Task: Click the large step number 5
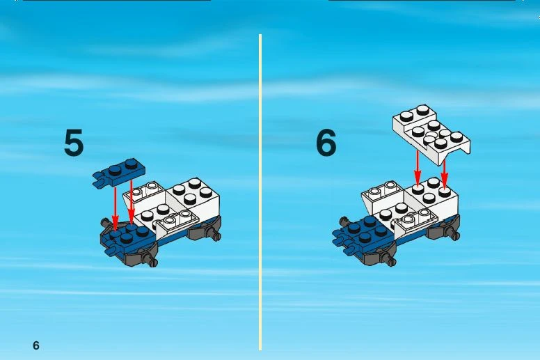coord(74,142)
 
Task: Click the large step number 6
coord(326,142)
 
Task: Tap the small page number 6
coord(36,345)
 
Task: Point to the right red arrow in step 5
coord(132,203)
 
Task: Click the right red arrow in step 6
coord(444,174)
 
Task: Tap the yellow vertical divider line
coord(260,192)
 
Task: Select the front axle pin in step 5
coord(151,261)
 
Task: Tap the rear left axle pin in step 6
coord(343,221)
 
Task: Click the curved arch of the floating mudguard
coord(455,150)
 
